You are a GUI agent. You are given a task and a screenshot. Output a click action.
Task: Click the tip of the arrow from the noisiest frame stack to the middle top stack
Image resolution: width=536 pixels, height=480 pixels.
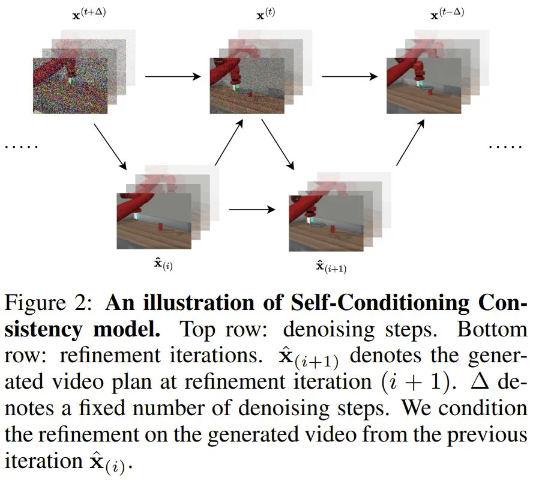(200, 76)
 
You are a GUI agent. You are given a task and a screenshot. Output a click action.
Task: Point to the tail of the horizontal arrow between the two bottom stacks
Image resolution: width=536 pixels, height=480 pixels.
(229, 210)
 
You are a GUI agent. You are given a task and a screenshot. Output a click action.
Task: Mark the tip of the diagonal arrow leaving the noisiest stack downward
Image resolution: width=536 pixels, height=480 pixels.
(126, 169)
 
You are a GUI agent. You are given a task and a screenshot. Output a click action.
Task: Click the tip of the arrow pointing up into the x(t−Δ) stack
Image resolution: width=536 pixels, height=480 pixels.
(424, 120)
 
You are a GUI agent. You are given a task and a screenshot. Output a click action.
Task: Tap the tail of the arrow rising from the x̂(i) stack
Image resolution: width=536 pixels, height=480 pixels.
(215, 165)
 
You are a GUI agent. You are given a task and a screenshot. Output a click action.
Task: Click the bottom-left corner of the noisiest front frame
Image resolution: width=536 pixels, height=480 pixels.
(33, 114)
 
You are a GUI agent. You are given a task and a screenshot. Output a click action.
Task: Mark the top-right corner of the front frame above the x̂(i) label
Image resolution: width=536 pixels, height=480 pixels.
(191, 193)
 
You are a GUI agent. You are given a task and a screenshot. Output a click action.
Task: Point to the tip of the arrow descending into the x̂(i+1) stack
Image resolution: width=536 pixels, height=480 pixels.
(294, 169)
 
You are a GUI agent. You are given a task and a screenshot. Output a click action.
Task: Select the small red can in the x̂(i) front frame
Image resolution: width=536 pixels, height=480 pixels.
(160, 227)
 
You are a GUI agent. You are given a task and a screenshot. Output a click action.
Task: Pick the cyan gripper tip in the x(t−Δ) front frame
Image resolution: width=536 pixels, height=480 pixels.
(419, 83)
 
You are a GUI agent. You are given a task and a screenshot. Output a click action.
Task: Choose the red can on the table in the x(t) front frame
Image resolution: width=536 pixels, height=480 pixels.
(250, 93)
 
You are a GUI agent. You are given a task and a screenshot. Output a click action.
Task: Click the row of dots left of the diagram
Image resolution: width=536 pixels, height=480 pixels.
(21, 147)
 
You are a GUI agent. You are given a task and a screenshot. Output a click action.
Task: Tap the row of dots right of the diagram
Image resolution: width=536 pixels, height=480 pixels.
(505, 147)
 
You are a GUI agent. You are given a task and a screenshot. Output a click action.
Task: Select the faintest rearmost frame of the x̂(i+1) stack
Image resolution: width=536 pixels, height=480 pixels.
(354, 200)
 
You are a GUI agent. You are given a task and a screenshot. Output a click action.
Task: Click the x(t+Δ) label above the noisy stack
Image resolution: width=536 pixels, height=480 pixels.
(89, 14)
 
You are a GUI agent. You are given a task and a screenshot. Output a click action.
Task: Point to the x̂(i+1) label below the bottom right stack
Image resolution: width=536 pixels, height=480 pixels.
(331, 267)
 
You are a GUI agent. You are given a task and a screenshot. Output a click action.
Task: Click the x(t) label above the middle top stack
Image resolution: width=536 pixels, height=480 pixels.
(266, 14)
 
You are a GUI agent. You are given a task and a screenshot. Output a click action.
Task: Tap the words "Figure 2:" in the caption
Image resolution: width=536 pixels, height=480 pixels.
(48, 303)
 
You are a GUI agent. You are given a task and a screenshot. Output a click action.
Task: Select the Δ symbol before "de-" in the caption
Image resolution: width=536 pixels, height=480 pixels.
(480, 381)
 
